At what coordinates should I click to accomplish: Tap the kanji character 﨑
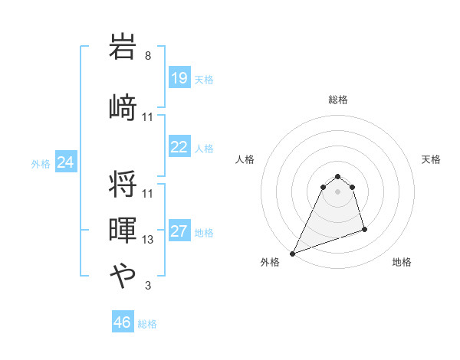click(x=123, y=106)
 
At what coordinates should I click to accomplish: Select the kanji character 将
click(x=123, y=182)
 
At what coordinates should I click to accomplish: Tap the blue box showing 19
click(x=179, y=77)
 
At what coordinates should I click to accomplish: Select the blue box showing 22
click(x=179, y=148)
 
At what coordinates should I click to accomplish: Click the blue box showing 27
click(x=179, y=231)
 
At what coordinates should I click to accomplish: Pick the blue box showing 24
click(x=66, y=162)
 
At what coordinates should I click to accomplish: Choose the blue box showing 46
click(x=123, y=322)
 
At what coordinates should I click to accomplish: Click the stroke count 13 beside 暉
click(x=148, y=239)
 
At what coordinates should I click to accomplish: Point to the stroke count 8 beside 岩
click(x=148, y=57)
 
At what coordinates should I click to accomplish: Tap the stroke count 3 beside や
click(x=148, y=286)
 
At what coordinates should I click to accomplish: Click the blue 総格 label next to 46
click(x=147, y=324)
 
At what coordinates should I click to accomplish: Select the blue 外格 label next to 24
click(x=41, y=163)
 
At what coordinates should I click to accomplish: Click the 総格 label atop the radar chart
click(x=338, y=100)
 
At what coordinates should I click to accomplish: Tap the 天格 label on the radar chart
click(x=432, y=159)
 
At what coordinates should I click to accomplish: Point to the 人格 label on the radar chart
click(x=245, y=159)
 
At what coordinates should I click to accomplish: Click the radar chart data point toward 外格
click(x=292, y=254)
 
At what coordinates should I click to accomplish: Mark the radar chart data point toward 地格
click(x=364, y=229)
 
